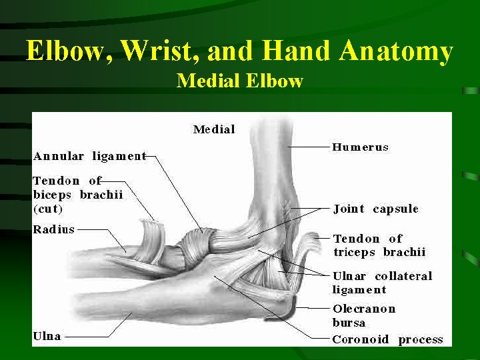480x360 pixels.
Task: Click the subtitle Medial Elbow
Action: click(240, 81)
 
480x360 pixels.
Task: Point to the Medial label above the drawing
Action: click(214, 129)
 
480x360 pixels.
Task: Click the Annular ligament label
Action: click(89, 157)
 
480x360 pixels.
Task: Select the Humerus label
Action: click(360, 147)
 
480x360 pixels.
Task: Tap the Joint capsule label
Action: click(376, 209)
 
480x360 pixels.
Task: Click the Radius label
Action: click(54, 229)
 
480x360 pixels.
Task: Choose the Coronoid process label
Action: click(387, 339)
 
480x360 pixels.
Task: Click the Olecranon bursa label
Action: click(364, 315)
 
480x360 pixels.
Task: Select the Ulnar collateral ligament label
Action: click(382, 283)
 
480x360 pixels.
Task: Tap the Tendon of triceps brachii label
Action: click(379, 245)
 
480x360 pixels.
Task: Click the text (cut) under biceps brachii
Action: click(48, 209)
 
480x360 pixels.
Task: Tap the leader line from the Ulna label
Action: click(93, 337)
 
